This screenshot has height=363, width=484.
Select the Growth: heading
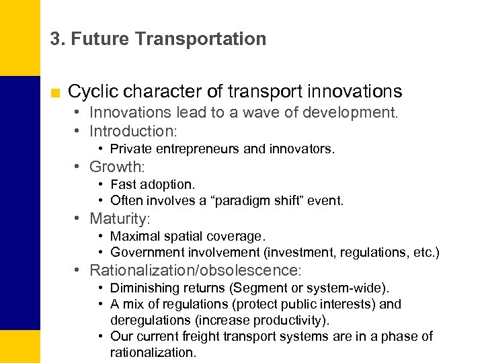click(x=118, y=166)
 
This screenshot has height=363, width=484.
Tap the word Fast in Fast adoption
click(x=122, y=184)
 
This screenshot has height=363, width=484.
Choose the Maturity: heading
click(x=120, y=218)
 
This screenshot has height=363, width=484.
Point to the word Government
click(x=145, y=252)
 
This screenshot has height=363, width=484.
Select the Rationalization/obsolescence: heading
click(x=196, y=270)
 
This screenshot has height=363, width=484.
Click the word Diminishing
click(x=143, y=288)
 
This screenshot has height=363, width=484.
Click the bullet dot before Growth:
click(x=79, y=166)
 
